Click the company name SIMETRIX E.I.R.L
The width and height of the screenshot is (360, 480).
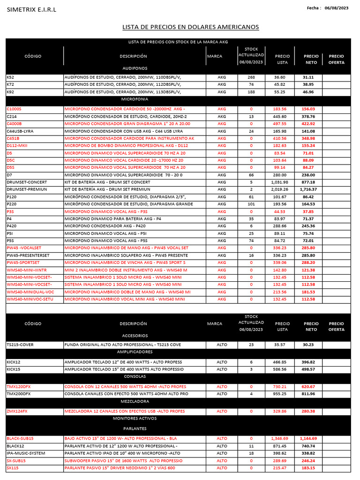pos(31,10)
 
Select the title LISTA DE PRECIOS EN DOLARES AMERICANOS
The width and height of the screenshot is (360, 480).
pos(190,27)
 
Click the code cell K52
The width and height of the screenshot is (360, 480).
pos(10,77)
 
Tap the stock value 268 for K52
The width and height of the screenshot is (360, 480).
pos(251,77)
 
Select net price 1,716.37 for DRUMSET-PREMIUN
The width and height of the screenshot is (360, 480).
pos(309,189)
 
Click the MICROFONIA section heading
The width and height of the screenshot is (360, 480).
pos(135,99)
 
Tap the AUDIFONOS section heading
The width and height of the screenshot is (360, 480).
pos(135,67)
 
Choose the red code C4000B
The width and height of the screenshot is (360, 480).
pos(15,124)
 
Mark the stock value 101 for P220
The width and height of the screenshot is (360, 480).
pos(251,204)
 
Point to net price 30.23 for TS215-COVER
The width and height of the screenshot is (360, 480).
pos(308,345)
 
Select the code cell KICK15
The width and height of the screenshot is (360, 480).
pos(14,369)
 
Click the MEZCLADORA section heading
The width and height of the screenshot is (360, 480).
pos(135,401)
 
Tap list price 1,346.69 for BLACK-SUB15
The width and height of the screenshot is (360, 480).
pos(279,438)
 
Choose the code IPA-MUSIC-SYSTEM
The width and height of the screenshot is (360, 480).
pos(26,453)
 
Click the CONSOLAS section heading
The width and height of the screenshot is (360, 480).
pos(135,376)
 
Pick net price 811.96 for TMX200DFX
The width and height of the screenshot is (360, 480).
pos(308,394)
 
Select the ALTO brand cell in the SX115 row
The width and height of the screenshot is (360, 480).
pos(222,468)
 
